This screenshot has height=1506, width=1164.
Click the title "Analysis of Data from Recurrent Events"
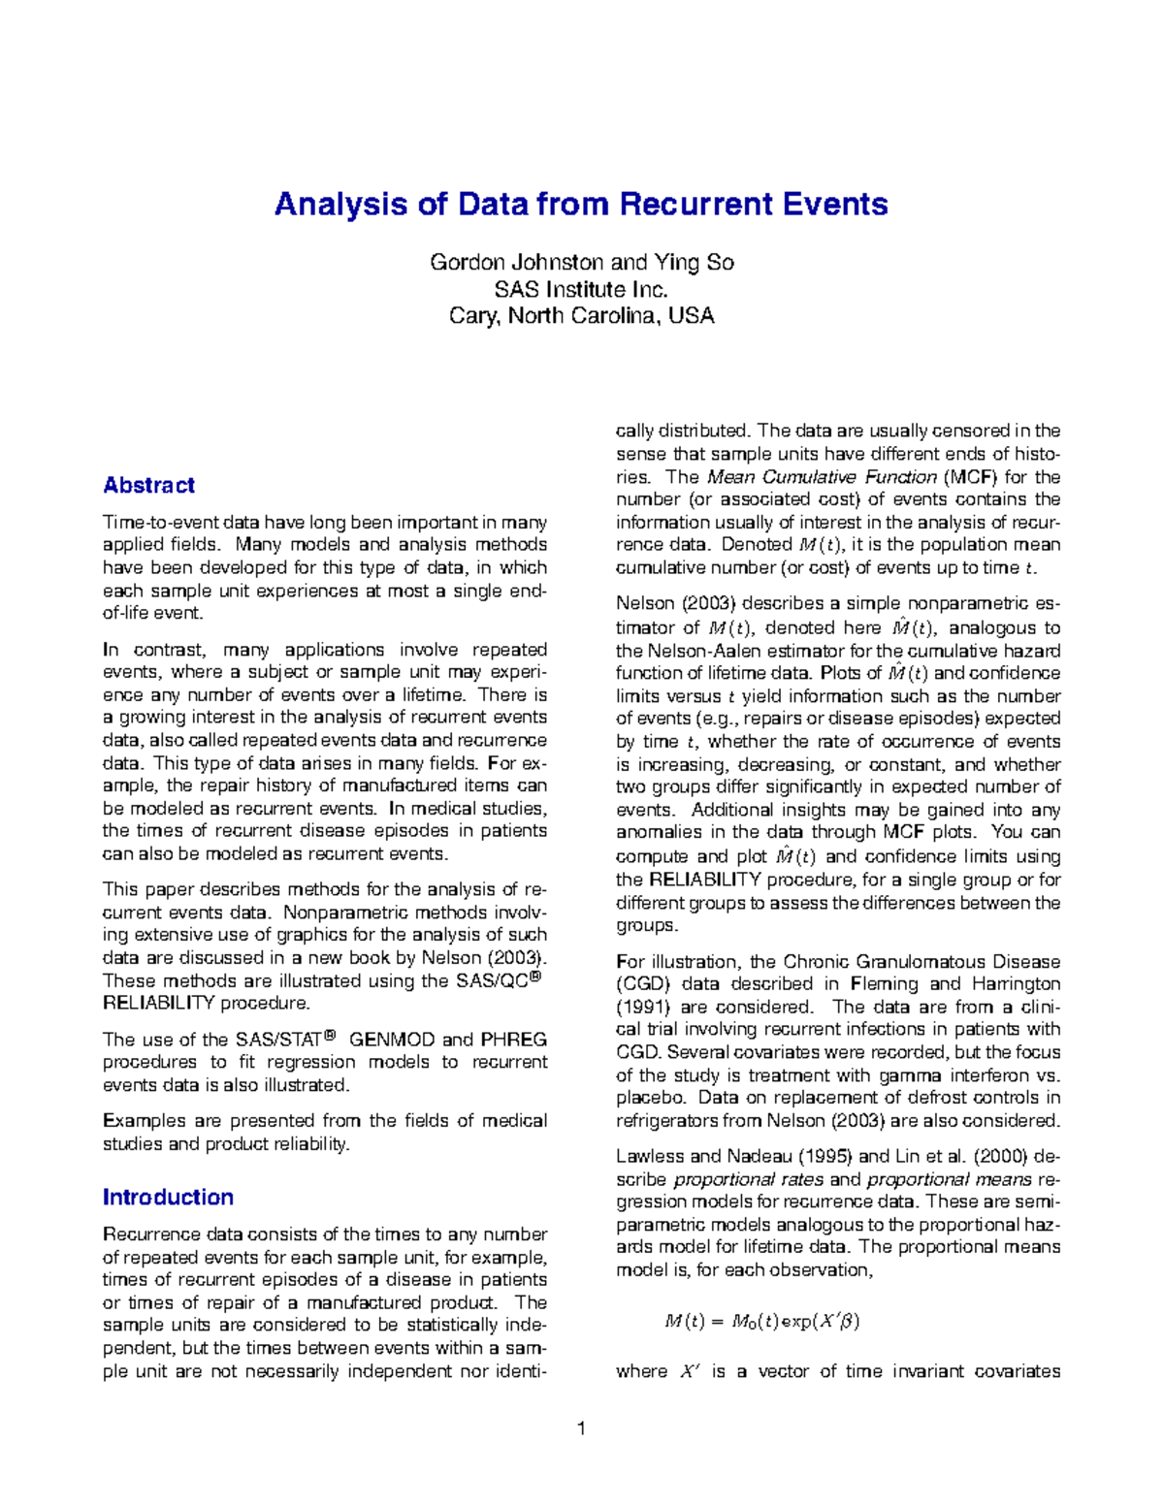581,205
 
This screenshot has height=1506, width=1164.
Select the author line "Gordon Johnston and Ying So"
581,263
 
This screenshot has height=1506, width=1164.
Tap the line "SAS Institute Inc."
581,289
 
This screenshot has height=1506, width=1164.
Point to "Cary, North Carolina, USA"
581,315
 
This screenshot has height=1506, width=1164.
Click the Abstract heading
148,485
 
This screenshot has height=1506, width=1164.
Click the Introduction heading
168,1197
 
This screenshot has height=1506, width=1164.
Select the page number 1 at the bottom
581,1427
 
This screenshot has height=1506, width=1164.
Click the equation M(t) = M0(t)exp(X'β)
761,1321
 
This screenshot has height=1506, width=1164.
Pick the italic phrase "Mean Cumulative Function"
822,476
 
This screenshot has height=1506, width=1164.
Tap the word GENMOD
392,1040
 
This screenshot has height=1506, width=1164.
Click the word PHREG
513,1040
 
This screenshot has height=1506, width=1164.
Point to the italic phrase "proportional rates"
748,1179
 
